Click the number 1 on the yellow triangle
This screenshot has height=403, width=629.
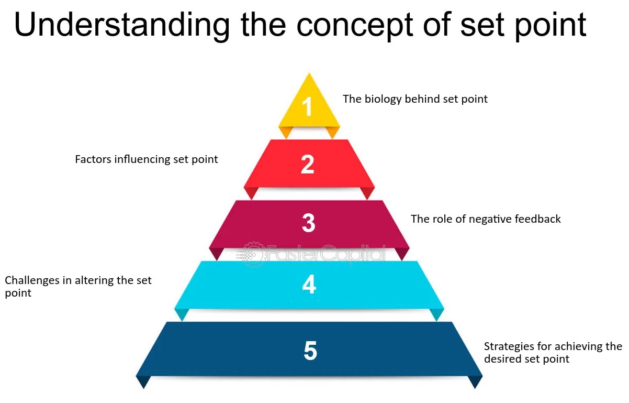tap(308, 107)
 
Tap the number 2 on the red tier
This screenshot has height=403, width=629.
tap(308, 165)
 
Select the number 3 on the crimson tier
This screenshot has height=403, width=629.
tap(309, 223)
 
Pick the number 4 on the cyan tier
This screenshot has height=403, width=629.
tap(309, 285)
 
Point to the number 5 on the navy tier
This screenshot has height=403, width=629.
tap(310, 351)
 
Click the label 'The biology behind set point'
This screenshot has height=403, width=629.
tap(415, 99)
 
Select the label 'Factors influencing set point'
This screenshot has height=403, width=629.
tap(147, 159)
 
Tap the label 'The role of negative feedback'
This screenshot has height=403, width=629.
tap(486, 219)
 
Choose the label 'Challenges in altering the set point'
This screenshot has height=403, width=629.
tap(78, 287)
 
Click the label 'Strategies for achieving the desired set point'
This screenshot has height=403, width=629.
tap(553, 353)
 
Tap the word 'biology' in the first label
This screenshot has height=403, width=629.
tap(381, 99)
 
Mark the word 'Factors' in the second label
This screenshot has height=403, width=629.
tap(92, 159)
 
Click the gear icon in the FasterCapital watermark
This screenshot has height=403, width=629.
tap(253, 254)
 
